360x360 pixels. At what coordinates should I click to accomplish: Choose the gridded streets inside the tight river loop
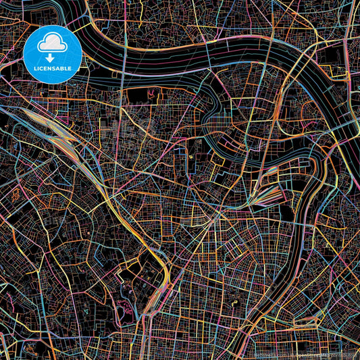click(x=226, y=125)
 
